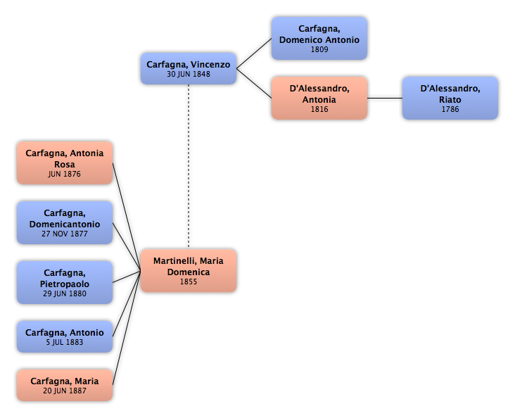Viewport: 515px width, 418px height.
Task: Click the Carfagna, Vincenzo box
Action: pyautogui.click(x=189, y=68)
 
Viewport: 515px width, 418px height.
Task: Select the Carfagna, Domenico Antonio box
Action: pyautogui.click(x=319, y=39)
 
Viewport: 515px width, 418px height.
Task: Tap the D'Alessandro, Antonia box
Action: pyautogui.click(x=319, y=98)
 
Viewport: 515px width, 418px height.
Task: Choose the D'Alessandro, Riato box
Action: pyautogui.click(x=450, y=98)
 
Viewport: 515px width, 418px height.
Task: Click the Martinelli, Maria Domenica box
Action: pyautogui.click(x=189, y=271)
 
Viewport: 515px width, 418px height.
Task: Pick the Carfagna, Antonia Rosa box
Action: pyautogui.click(x=65, y=163)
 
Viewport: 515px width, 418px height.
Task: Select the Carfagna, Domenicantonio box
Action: pyautogui.click(x=65, y=223)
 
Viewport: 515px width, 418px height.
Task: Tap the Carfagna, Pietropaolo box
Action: pyautogui.click(x=65, y=283)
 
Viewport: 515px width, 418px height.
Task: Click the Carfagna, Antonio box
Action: pyautogui.click(x=65, y=336)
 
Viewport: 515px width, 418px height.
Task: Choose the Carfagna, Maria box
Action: pyautogui.click(x=65, y=385)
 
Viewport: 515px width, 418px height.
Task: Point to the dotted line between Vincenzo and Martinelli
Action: pyautogui.click(x=189, y=166)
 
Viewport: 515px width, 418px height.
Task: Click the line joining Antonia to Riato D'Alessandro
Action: pyautogui.click(x=385, y=98)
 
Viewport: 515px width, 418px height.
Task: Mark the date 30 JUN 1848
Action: pyautogui.click(x=189, y=75)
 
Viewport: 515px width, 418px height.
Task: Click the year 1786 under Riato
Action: pyautogui.click(x=450, y=110)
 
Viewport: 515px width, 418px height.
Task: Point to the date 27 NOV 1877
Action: pyautogui.click(x=65, y=234)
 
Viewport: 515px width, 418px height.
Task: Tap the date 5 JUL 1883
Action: pyautogui.click(x=65, y=343)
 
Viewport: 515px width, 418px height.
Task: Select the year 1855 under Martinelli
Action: pyautogui.click(x=189, y=282)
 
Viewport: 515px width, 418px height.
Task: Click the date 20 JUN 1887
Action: pyautogui.click(x=65, y=391)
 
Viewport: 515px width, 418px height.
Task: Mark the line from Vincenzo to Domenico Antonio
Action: pyautogui.click(x=254, y=53)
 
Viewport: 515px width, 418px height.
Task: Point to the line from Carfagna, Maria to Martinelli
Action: pyautogui.click(x=127, y=328)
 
